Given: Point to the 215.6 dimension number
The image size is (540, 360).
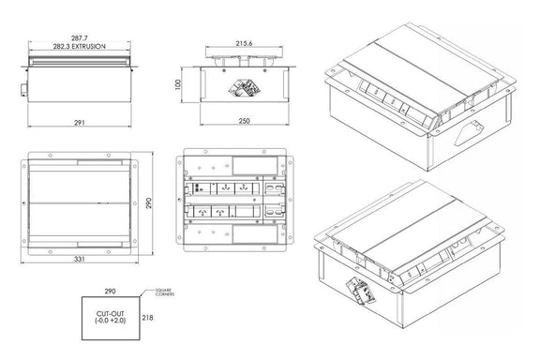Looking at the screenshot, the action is [x=244, y=43].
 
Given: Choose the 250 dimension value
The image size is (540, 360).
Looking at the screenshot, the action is [x=244, y=121].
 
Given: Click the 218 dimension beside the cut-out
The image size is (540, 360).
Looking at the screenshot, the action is [x=148, y=318].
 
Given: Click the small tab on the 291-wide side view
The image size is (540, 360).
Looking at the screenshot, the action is [x=21, y=90].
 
